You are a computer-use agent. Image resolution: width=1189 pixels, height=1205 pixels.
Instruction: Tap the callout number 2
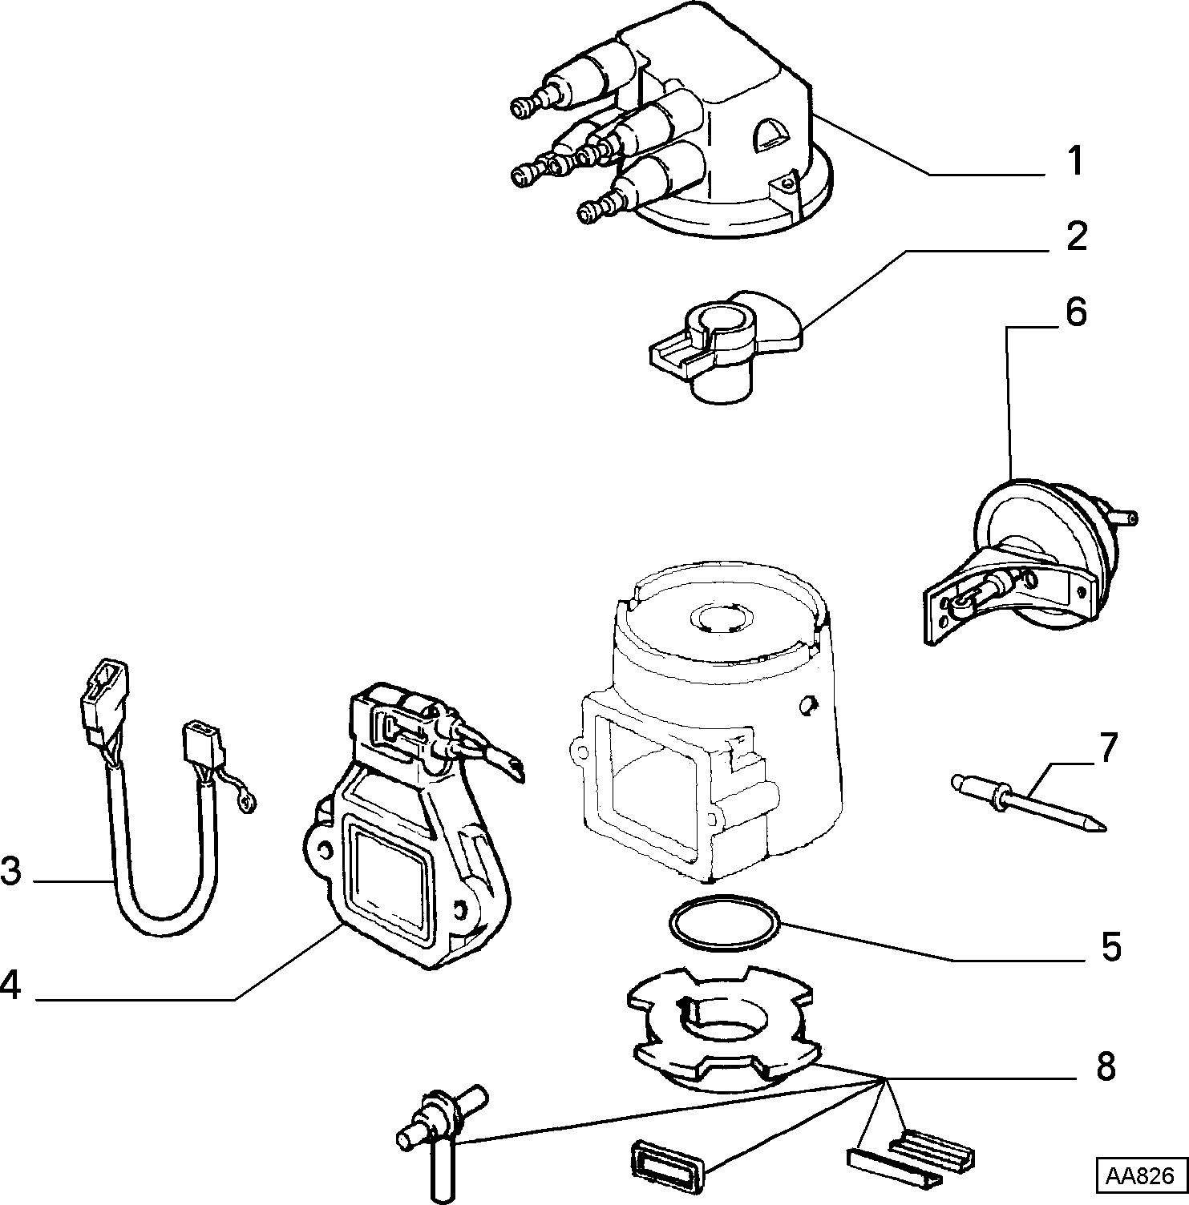(x=1075, y=236)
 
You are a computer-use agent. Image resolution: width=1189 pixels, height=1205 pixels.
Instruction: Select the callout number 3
(x=10, y=871)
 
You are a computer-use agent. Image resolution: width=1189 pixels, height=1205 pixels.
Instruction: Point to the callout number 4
(x=10, y=985)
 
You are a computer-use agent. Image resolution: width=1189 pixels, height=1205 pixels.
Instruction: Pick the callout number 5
(x=1110, y=946)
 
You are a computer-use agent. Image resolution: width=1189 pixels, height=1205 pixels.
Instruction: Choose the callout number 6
(x=1075, y=312)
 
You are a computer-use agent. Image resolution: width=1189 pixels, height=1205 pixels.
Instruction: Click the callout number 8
(x=1106, y=1066)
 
